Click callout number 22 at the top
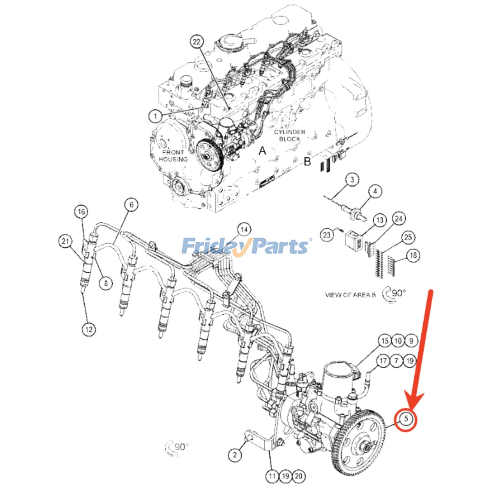coord(197,42)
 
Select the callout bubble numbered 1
coord(156,116)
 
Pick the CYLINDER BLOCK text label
coord(289,136)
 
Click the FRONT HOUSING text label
coord(173,156)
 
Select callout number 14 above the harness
coord(244,230)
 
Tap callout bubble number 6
coord(132,205)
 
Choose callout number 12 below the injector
coord(89,329)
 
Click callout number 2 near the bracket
coord(235,455)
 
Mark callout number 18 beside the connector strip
coord(413,255)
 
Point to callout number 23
coord(327,235)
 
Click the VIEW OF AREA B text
coord(350,295)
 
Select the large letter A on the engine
coord(262,151)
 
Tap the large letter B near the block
coord(307,161)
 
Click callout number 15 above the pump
coord(385,341)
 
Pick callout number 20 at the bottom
coord(299,476)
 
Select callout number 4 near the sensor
coord(375,191)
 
